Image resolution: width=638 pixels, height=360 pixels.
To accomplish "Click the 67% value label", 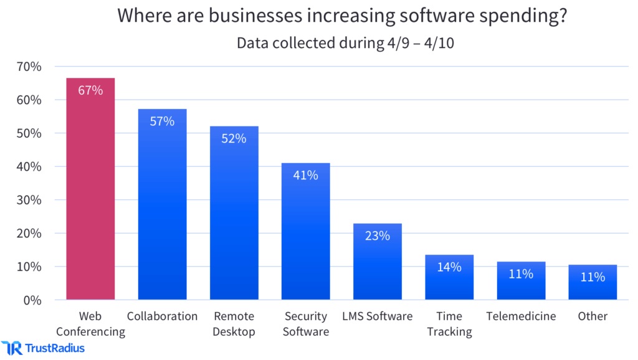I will point(90,90).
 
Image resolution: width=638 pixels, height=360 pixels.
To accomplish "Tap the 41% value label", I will point(305,176).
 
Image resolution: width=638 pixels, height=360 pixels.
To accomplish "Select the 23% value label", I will point(378,236).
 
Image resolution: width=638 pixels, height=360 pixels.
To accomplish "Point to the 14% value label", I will point(449,267).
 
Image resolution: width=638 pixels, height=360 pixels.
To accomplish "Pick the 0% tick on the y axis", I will point(32,300).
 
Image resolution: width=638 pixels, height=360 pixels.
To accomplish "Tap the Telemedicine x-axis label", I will point(521,316).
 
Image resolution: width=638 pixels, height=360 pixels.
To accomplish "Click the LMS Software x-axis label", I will point(378,316).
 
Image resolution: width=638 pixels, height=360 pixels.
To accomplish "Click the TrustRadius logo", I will point(44,348).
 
